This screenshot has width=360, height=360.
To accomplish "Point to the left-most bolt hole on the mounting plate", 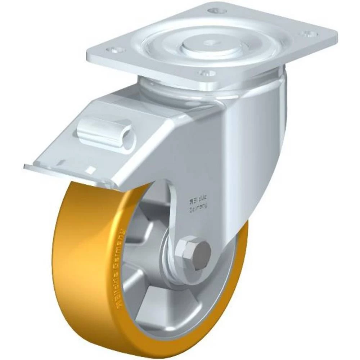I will click(114, 51).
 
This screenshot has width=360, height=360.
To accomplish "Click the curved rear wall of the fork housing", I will click(266, 144).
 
